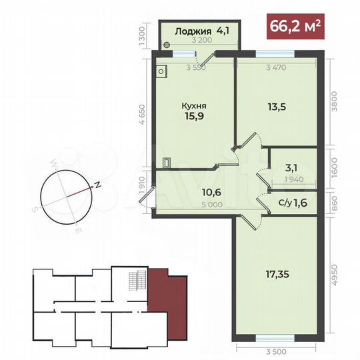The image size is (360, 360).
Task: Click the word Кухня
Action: coord(193,105)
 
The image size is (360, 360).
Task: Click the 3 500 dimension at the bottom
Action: coord(275,351)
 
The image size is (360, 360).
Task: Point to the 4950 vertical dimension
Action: coord(340,275)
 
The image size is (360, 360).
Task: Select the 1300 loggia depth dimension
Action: coord(143,33)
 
